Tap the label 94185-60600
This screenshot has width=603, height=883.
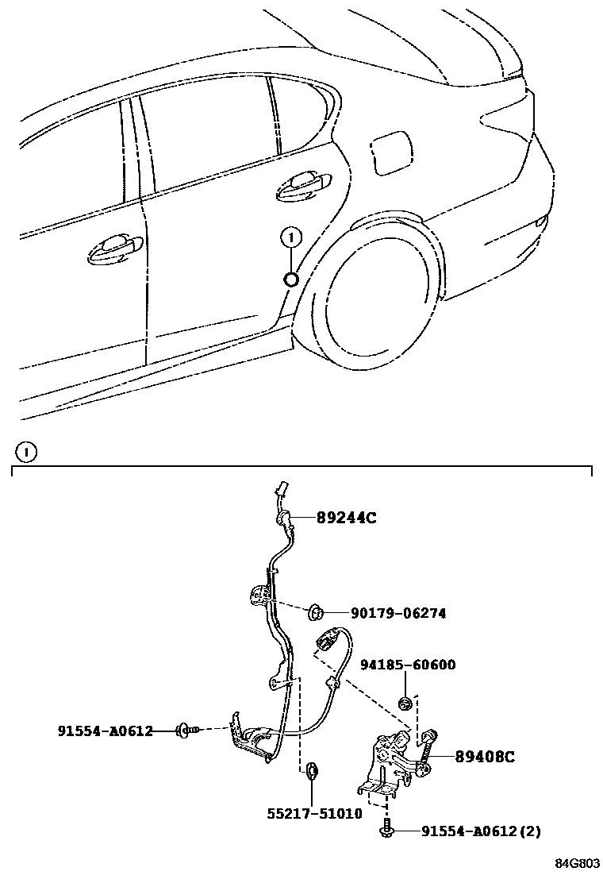point(408,665)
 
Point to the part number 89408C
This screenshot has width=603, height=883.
point(484,758)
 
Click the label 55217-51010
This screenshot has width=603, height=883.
point(314,813)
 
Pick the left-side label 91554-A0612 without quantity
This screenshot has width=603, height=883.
point(105,731)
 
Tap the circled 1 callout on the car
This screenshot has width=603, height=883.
point(291,236)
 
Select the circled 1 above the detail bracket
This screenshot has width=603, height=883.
point(26,453)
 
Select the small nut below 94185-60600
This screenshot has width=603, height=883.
point(405,702)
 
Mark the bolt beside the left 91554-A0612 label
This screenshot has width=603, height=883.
point(187,729)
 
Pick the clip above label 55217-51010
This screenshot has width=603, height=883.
point(312,769)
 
